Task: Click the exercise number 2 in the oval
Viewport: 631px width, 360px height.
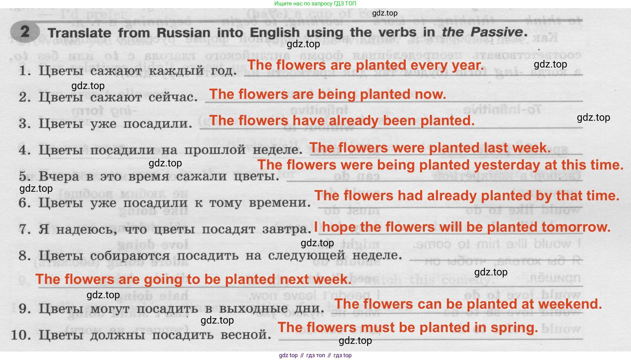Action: click(25, 32)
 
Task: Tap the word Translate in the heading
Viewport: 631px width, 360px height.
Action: click(80, 33)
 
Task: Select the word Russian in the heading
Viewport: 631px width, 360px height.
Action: click(183, 33)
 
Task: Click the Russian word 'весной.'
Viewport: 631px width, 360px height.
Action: click(246, 335)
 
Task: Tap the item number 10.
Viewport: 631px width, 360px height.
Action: click(21, 335)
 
